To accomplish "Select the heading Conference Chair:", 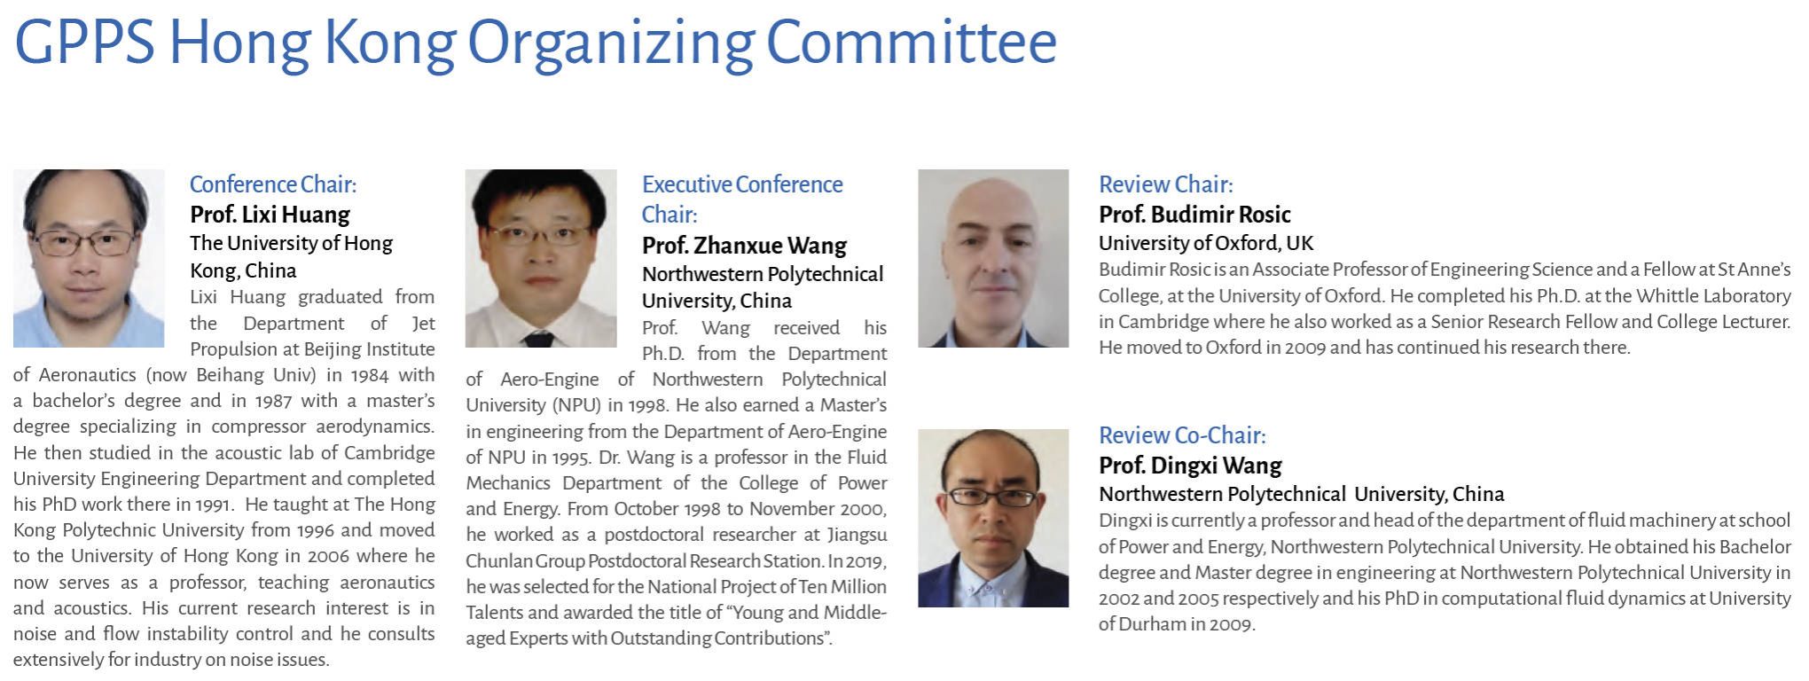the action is [x=273, y=184].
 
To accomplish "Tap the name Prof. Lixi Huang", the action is [x=270, y=215].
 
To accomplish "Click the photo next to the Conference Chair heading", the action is [x=89, y=258].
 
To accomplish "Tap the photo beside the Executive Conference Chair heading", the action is [x=541, y=258].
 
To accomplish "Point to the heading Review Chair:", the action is [x=1165, y=184].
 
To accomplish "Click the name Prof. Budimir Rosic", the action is [x=1194, y=215].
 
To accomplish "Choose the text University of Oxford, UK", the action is [x=1206, y=243].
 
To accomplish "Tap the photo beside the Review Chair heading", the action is [x=993, y=258].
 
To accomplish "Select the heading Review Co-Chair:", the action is [x=1182, y=435].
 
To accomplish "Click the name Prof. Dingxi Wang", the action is [x=1190, y=466].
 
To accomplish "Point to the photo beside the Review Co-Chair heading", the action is [x=993, y=518].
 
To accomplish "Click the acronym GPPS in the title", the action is [x=85, y=41].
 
